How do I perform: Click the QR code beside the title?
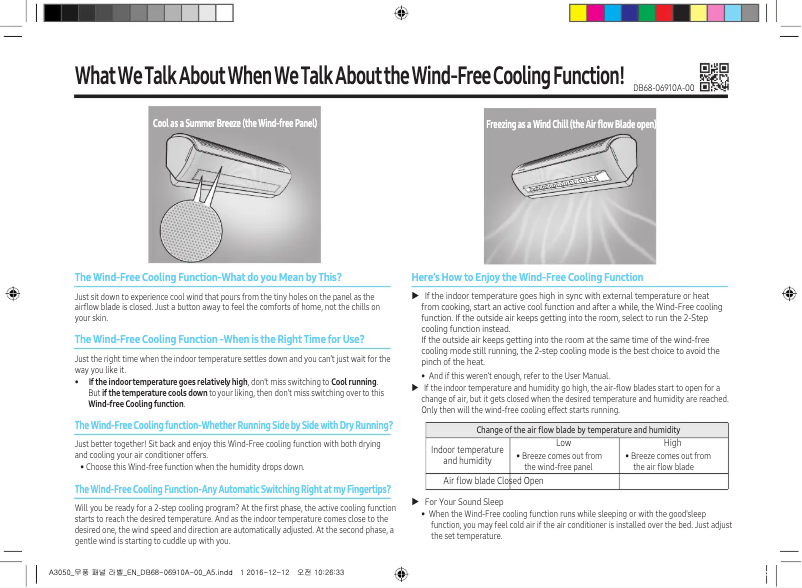pos(713,78)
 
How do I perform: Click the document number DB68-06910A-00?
pos(664,88)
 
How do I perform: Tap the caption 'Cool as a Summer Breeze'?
pos(234,125)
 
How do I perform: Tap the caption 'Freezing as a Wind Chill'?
pos(571,125)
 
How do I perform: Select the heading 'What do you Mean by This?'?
pos(208,277)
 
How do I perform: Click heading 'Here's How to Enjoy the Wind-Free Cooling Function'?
pos(527,277)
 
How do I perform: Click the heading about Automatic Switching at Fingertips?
pos(232,488)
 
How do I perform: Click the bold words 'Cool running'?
pos(353,383)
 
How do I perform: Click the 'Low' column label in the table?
pos(563,441)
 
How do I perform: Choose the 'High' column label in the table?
pos(672,441)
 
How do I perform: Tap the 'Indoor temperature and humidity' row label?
pos(467,456)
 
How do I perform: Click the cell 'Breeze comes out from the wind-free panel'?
pos(563,461)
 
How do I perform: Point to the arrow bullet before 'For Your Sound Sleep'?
pos(415,501)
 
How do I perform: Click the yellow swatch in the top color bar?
pos(578,12)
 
